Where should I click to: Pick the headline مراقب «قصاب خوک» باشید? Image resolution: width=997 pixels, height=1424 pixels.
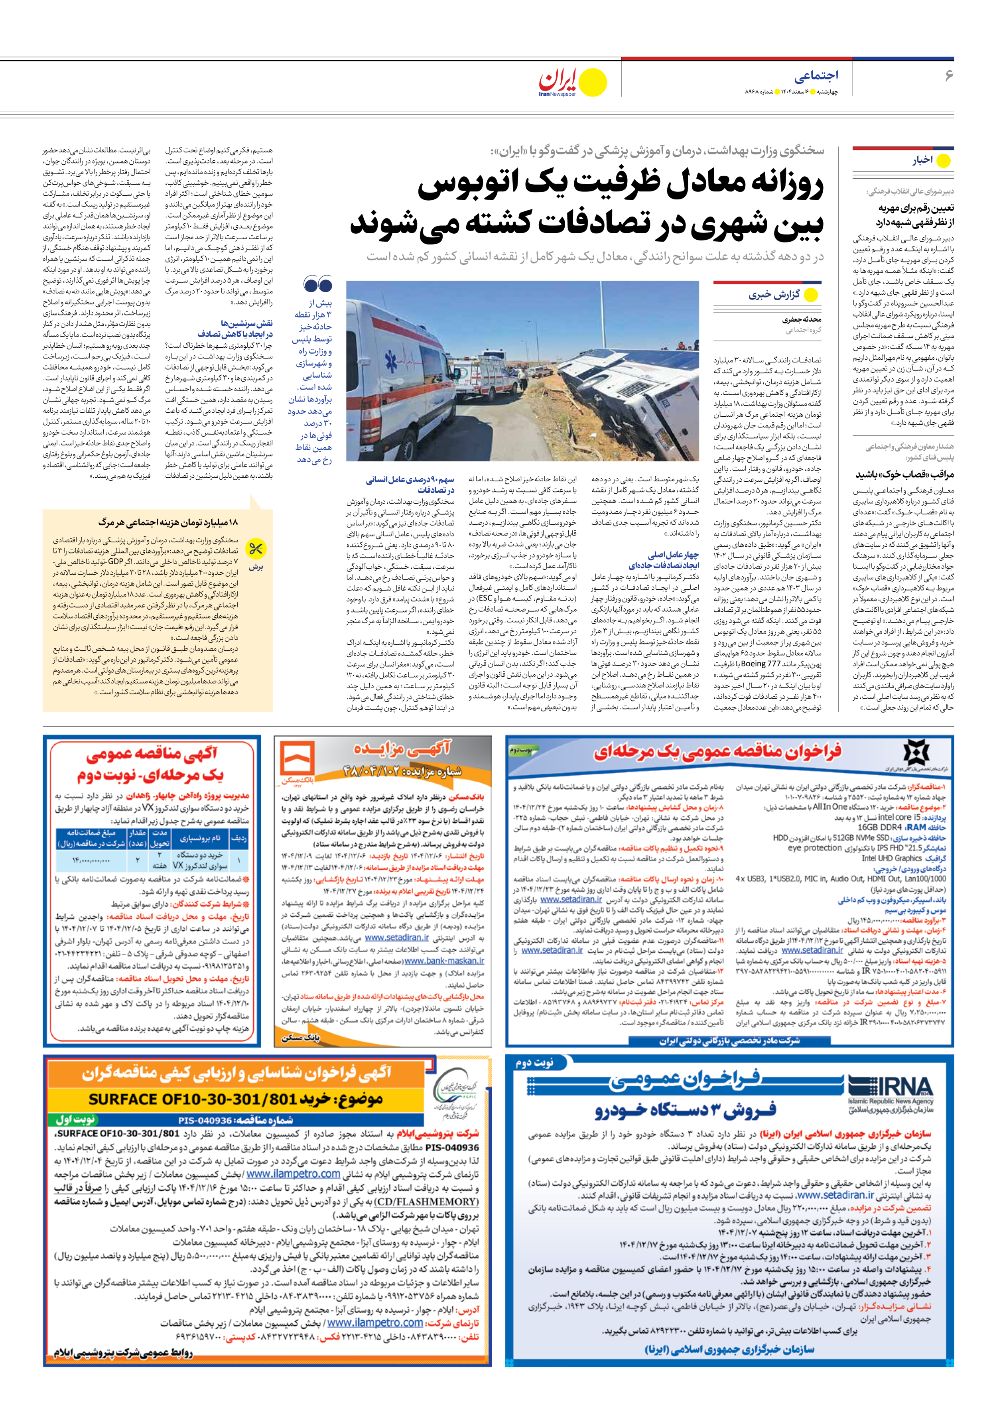[904, 475]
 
